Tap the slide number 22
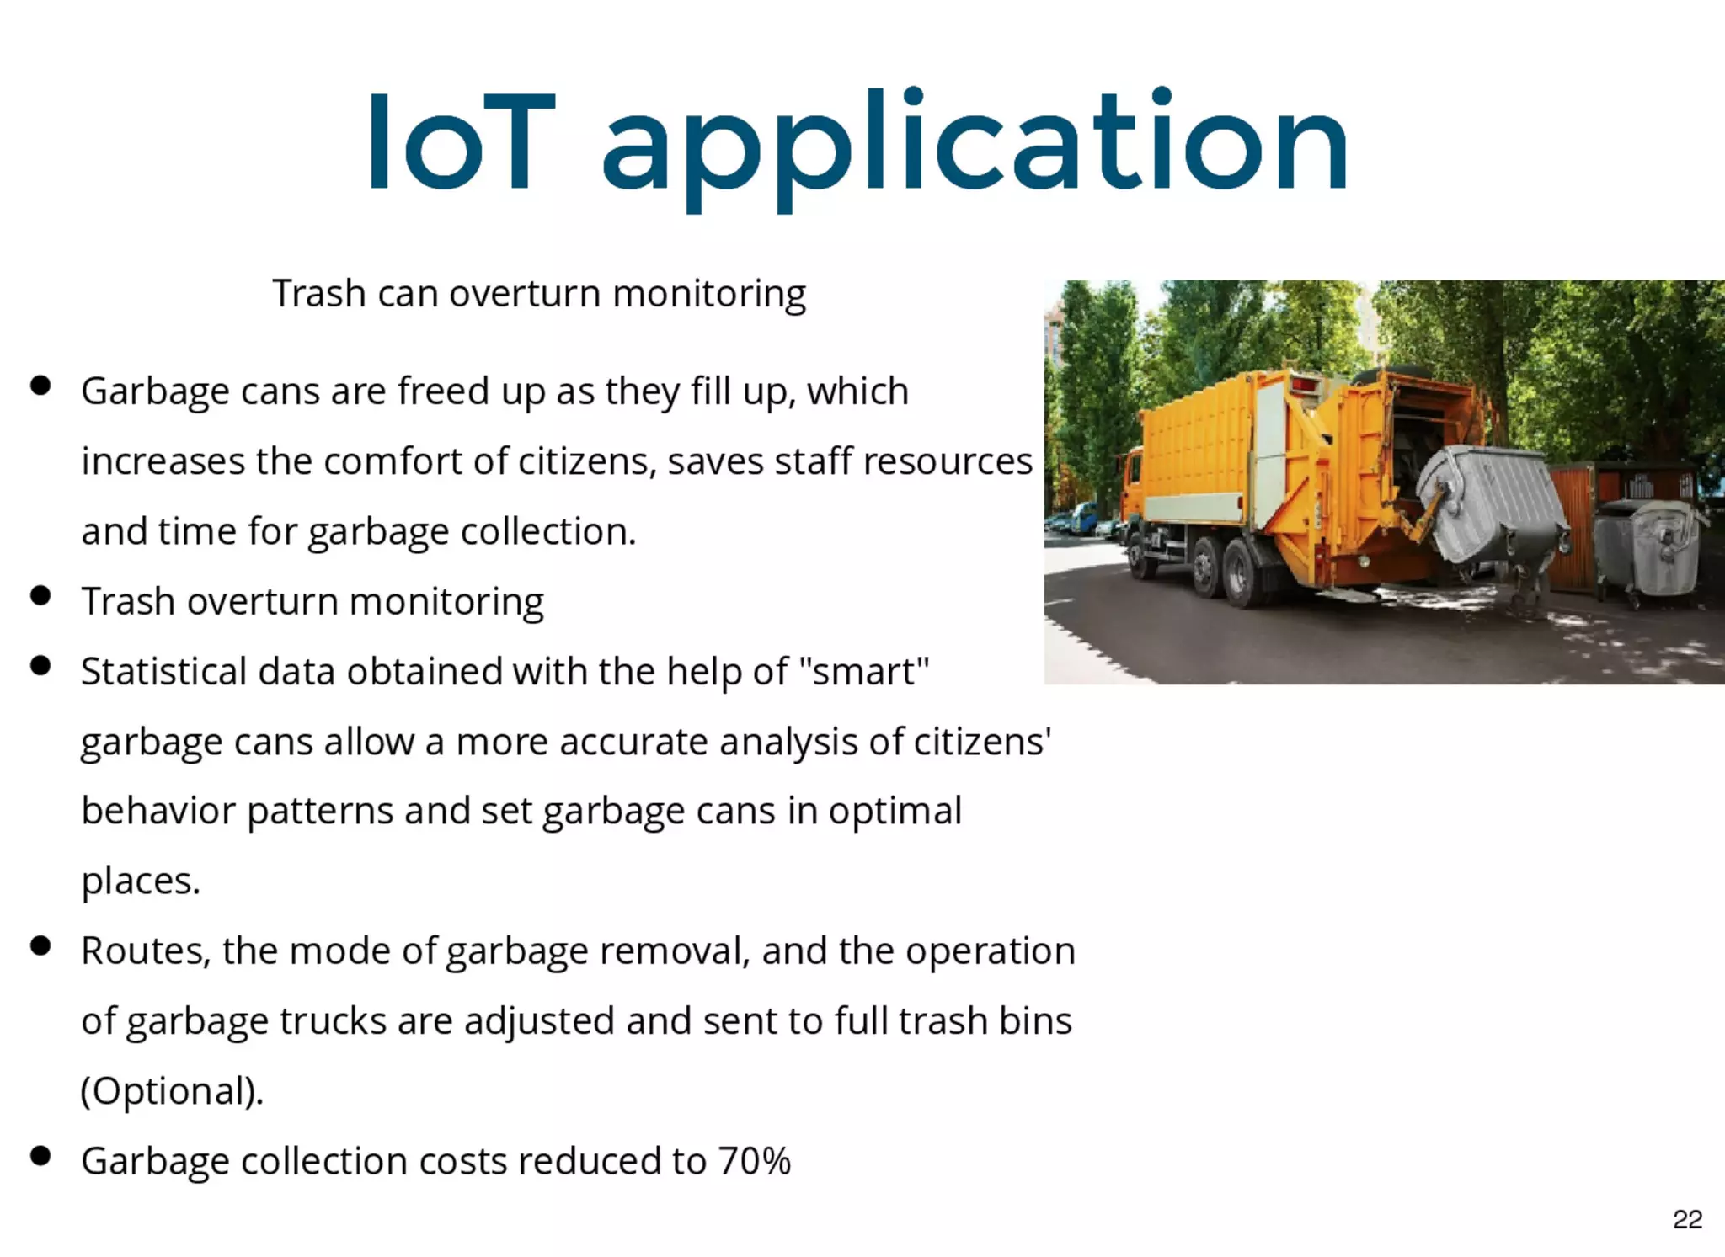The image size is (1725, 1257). pyautogui.click(x=1687, y=1219)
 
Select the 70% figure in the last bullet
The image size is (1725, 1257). pyautogui.click(x=754, y=1161)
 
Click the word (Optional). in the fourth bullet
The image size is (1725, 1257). pyautogui.click(x=172, y=1091)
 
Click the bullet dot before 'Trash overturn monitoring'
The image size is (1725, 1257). pyautogui.click(x=40, y=596)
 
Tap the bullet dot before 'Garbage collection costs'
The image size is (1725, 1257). pyautogui.click(x=40, y=1156)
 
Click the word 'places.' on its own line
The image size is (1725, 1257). pyautogui.click(x=141, y=881)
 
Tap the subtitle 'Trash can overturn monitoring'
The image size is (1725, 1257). pyautogui.click(x=539, y=294)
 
